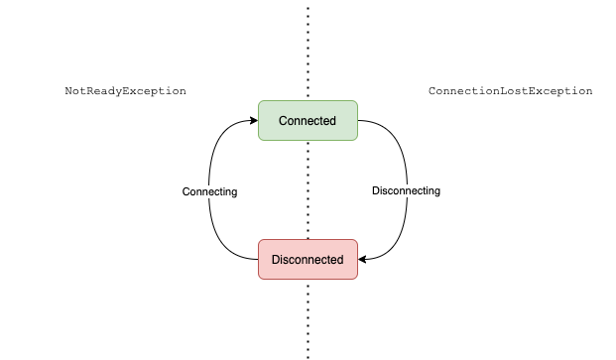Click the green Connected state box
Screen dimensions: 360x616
point(308,120)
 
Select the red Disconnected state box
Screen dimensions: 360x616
point(308,259)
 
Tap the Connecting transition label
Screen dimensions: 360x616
point(210,191)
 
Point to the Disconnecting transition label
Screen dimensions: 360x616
point(406,190)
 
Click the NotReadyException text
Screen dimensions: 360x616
point(125,91)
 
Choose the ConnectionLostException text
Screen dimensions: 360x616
point(510,91)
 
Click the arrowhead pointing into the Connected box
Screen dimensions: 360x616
point(253,121)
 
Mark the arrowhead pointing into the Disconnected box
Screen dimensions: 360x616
point(362,259)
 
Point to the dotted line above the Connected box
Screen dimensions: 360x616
point(308,50)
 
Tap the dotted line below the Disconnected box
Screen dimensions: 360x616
point(308,317)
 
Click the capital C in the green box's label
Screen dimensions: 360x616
point(283,121)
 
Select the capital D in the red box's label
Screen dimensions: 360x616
point(276,260)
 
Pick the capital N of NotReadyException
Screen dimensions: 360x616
point(68,91)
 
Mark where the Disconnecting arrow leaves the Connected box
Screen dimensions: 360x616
point(358,121)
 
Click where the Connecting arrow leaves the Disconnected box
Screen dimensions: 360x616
point(257,259)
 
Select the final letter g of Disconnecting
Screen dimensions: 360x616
point(436,191)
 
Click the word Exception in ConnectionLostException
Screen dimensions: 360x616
point(560,91)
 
